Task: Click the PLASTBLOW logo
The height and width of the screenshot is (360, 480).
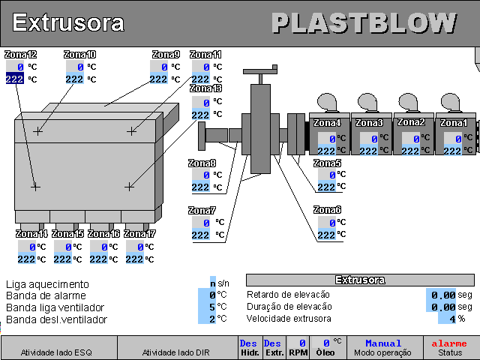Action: click(364, 23)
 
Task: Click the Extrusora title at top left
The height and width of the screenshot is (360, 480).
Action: click(68, 22)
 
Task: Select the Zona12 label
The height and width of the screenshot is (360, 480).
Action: click(20, 55)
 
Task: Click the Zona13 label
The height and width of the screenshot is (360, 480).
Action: click(206, 88)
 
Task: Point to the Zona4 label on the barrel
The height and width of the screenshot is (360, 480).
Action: click(327, 123)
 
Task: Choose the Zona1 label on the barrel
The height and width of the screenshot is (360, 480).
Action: click(454, 123)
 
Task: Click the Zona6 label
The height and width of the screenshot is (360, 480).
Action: click(327, 210)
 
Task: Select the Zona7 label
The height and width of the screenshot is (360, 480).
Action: click(202, 211)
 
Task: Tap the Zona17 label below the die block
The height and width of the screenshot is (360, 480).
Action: click(140, 234)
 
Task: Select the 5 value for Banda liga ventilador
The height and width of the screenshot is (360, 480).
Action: click(212, 307)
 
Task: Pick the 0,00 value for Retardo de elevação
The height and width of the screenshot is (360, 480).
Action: click(443, 295)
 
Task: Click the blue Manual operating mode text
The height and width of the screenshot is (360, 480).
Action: click(383, 343)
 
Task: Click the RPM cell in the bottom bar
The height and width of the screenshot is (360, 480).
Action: click(298, 347)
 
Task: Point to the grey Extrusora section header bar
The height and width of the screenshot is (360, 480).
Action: click(360, 280)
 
